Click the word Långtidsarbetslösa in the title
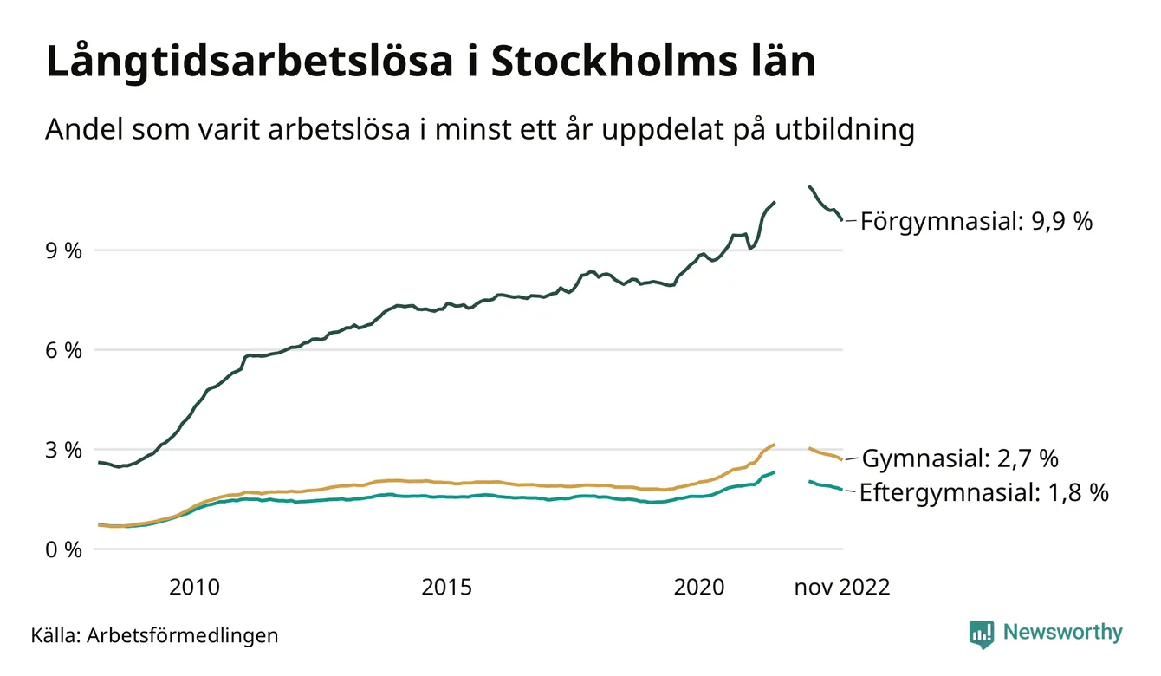coord(237,63)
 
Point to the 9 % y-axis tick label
coord(63,251)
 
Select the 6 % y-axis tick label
coord(63,351)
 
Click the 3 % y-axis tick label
coord(63,451)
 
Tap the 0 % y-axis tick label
coord(63,550)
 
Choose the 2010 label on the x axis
coord(194,588)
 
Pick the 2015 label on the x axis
coord(447,588)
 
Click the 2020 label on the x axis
coord(699,588)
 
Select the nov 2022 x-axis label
coord(842,588)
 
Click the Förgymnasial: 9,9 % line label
coord(976,222)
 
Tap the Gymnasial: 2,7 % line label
coord(960,458)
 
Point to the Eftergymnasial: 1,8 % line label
coord(984,494)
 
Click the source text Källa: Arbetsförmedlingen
coord(155,635)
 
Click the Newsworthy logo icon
coord(982,634)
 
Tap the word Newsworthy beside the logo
coord(1062,633)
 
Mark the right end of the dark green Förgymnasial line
coord(841,220)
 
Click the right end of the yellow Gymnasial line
coord(841,459)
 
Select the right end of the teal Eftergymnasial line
coord(841,491)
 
